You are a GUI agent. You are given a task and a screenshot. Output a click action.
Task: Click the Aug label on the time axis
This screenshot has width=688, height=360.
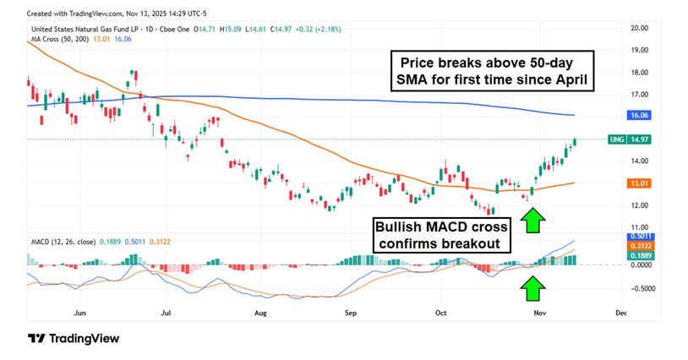pyautogui.click(x=260, y=313)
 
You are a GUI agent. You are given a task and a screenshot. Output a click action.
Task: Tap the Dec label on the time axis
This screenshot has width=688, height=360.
pyautogui.click(x=620, y=313)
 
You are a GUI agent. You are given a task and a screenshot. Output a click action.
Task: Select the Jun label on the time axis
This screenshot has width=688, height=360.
pyautogui.click(x=80, y=313)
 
